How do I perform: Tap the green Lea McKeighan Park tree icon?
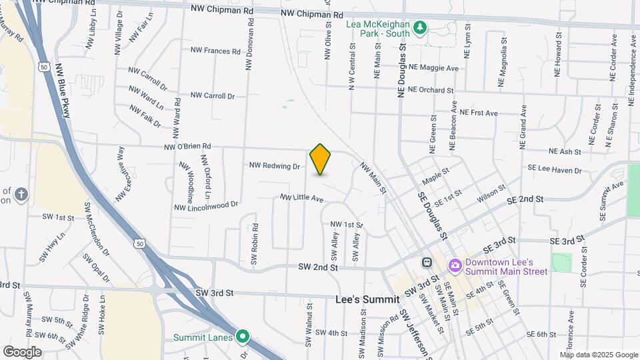(x=420, y=27)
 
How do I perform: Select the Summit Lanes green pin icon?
(x=243, y=337)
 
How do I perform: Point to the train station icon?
(x=427, y=262)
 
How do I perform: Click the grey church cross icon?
(x=21, y=194)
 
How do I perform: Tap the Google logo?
(x=22, y=351)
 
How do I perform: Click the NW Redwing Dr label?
(x=275, y=165)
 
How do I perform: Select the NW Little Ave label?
(x=301, y=198)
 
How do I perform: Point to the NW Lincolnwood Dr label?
(x=206, y=206)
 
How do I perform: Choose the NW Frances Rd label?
(x=215, y=51)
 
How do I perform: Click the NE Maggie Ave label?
(x=433, y=68)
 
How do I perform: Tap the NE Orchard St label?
(x=431, y=89)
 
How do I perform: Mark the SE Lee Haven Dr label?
(x=555, y=170)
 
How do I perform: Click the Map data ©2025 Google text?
(x=599, y=355)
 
